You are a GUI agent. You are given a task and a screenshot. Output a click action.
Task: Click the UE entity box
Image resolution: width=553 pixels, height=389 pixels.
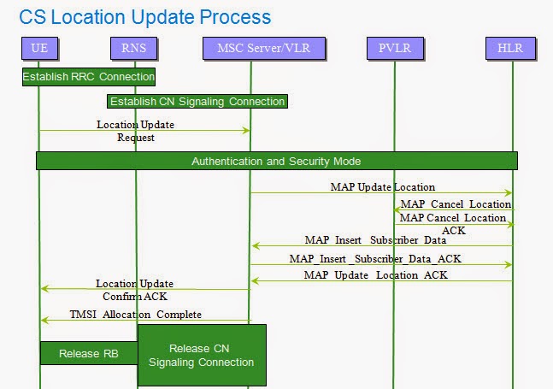[38, 49]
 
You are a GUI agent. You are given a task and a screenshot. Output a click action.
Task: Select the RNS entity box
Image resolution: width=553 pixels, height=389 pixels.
[135, 49]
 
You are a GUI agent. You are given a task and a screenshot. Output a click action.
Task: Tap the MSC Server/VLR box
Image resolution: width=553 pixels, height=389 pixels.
[250, 49]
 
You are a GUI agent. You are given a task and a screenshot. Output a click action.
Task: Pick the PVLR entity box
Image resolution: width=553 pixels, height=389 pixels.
[394, 49]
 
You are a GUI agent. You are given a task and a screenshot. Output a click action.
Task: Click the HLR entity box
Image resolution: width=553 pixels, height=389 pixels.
[511, 49]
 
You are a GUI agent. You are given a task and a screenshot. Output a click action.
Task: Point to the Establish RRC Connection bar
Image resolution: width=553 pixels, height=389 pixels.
[89, 77]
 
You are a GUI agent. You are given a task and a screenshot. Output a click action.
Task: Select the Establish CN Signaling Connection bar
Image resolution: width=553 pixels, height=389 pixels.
[197, 102]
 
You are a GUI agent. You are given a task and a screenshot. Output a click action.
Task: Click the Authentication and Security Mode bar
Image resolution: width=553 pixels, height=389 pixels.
[276, 161]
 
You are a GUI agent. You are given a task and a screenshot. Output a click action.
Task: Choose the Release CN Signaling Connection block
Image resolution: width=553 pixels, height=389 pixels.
[202, 355]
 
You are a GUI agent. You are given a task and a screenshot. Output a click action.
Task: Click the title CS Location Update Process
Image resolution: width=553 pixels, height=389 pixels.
[144, 16]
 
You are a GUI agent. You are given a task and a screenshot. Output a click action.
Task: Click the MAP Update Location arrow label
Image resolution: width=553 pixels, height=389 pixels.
[382, 186]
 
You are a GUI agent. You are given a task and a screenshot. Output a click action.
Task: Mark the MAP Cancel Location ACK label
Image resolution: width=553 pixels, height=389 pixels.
[452, 224]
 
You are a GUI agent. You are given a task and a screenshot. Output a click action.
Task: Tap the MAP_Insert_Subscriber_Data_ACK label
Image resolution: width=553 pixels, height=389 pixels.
[375, 257]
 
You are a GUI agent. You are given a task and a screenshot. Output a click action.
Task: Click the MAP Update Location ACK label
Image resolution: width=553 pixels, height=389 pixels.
[375, 274]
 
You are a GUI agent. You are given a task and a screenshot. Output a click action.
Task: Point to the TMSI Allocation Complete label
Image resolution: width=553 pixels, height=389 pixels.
[135, 314]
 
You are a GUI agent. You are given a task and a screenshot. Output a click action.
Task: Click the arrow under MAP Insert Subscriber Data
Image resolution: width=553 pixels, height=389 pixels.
[381, 246]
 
